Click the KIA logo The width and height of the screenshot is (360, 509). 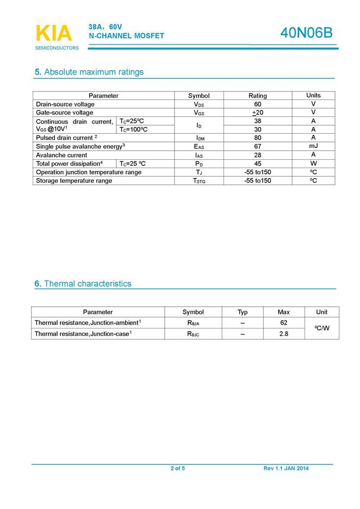point(53,34)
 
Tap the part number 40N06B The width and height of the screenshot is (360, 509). point(306,33)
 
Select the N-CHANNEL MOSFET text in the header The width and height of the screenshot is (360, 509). point(126,36)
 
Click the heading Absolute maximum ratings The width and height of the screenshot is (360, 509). point(94,72)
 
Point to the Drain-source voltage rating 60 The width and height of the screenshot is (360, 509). point(257,104)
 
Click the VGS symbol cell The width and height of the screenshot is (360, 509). point(198,113)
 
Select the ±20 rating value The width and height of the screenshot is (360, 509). point(257,113)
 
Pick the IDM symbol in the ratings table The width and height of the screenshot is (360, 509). point(199,138)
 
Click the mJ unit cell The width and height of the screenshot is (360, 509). point(313,146)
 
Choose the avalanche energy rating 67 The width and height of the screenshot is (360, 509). point(257,146)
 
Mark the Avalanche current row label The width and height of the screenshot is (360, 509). point(61,155)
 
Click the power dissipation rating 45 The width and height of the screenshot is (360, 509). point(257,163)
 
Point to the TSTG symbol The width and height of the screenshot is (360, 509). point(199,181)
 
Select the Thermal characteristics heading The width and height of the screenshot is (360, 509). point(88,283)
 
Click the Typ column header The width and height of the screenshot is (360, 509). point(243,312)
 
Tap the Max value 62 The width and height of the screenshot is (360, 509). point(283,322)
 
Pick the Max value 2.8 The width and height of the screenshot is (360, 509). point(283,333)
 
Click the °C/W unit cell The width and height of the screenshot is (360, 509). point(322,328)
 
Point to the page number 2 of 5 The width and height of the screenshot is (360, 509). point(178,468)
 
